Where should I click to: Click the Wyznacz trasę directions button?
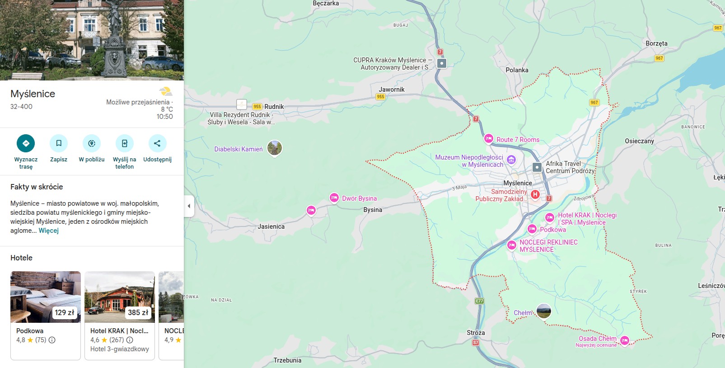26,143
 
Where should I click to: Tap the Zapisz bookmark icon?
59,143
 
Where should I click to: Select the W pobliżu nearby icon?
92,143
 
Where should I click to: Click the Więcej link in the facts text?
49,231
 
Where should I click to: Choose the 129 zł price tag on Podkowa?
65,312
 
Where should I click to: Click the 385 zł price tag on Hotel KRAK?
138,312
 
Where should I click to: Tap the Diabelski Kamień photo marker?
275,148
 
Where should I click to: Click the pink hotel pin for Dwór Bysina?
334,198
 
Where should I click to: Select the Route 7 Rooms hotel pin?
488,139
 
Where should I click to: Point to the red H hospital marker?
535,194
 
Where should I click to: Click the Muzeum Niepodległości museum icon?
511,159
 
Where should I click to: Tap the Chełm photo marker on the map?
543,311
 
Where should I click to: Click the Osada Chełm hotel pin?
625,340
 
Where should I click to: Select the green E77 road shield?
479,301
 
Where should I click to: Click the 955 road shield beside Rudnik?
257,107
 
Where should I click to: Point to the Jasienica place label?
271,226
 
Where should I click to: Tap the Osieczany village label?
639,141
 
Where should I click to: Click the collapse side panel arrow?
189,206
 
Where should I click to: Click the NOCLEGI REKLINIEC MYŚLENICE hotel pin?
511,245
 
